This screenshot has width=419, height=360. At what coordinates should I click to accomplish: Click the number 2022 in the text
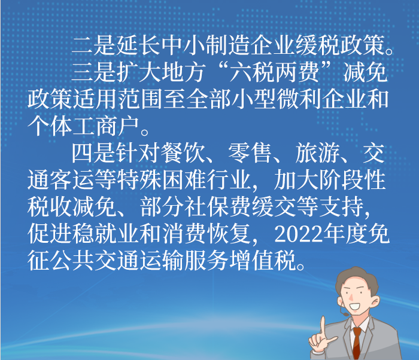[299, 234]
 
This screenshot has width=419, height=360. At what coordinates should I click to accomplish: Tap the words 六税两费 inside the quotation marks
[274, 72]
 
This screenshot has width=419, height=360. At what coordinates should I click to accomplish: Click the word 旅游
[317, 153]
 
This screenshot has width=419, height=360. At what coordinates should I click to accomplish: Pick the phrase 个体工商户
[83, 126]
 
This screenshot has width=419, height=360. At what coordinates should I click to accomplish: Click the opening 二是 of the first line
[93, 45]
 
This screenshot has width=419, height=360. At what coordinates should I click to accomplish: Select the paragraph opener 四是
[93, 153]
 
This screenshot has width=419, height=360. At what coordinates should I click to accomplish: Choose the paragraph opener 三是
[93, 72]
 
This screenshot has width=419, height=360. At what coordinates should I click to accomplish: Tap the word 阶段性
[353, 180]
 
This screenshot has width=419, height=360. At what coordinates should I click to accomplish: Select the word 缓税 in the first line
[317, 45]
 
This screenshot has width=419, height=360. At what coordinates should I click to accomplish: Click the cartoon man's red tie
[357, 343]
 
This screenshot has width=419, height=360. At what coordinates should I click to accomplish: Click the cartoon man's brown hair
[357, 280]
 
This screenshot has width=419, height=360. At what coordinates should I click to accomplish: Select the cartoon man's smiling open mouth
[354, 306]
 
